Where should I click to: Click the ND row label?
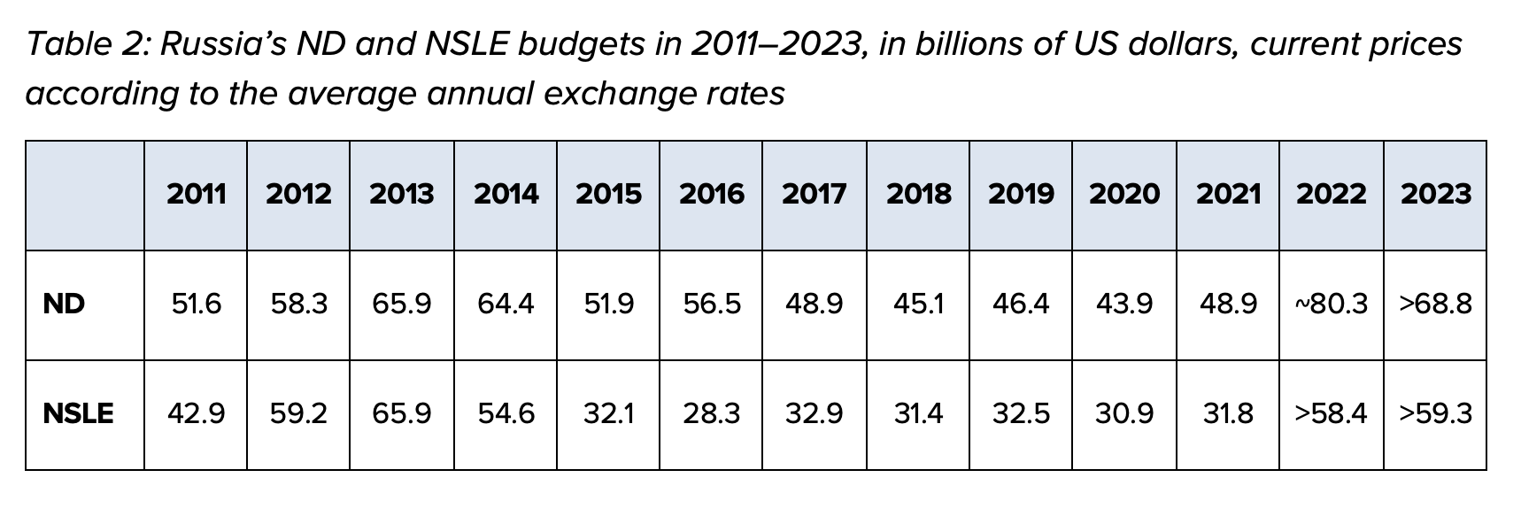coord(64,304)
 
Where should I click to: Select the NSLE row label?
coord(78,413)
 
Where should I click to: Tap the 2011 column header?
coord(196,194)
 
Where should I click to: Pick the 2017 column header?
coord(815,194)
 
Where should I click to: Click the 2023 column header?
coord(1435,194)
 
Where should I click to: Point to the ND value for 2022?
coord(1331,304)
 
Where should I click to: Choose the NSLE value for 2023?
coord(1435,413)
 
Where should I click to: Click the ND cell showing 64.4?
coord(506,304)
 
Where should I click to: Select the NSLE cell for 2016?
coord(712,413)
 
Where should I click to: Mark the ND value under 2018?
coord(918,304)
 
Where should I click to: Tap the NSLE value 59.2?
coord(298,413)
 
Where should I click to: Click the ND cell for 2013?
coord(402,304)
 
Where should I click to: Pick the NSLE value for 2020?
coord(1123,413)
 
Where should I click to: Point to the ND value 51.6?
coord(196,304)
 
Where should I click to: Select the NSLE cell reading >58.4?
coord(1331,413)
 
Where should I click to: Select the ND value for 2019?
coord(1021,304)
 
